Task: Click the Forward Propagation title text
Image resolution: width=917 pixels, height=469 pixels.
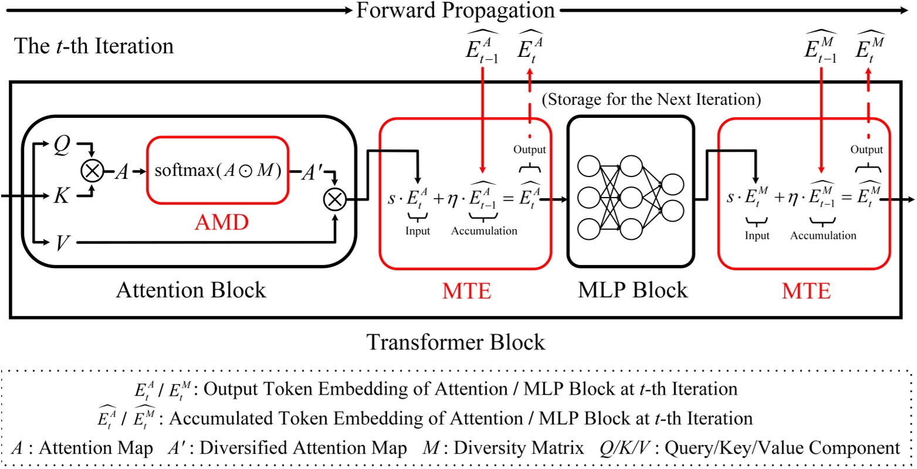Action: [x=456, y=10]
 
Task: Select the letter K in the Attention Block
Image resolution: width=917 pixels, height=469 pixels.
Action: [x=61, y=196]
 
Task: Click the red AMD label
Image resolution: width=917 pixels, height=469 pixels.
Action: [x=222, y=222]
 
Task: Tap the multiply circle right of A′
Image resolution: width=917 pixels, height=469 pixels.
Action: [x=334, y=200]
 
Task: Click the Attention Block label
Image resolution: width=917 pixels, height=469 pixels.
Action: [x=191, y=290]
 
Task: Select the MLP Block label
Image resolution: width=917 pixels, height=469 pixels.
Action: [x=633, y=290]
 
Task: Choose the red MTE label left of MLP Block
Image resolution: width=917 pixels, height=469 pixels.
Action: [x=466, y=291]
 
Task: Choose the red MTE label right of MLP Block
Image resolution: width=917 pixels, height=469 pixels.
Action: [x=806, y=291]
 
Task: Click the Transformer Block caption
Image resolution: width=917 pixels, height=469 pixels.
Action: [x=456, y=342]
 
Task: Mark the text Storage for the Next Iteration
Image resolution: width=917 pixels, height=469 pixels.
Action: [x=651, y=100]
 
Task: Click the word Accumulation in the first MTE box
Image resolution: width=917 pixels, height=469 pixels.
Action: [x=484, y=231]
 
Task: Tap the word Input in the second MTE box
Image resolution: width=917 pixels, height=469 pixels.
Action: [x=757, y=236]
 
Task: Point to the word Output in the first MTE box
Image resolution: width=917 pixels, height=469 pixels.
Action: [x=529, y=149]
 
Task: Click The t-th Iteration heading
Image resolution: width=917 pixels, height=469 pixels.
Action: [x=94, y=46]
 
